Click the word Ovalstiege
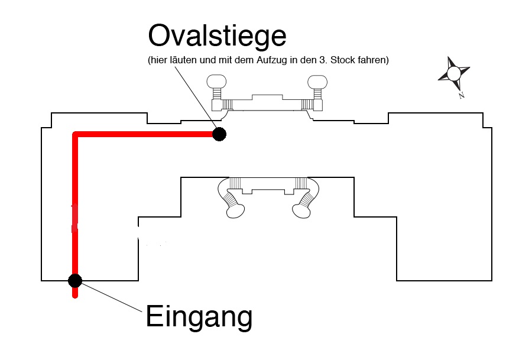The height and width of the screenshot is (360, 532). pyautogui.click(x=217, y=37)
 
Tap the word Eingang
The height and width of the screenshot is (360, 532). pyautogui.click(x=199, y=317)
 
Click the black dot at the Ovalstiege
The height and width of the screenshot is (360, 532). pyautogui.click(x=219, y=134)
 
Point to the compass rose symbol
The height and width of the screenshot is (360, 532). pyautogui.click(x=453, y=73)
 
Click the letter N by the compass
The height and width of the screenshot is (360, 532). pyautogui.click(x=461, y=95)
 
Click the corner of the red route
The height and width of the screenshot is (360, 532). pyautogui.click(x=75, y=135)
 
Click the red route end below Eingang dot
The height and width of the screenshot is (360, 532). pyautogui.click(x=75, y=294)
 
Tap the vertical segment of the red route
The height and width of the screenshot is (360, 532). pyautogui.click(x=75, y=207)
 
